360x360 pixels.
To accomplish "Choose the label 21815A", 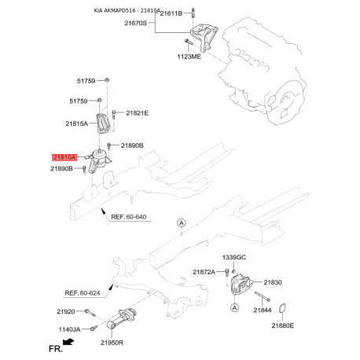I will click(x=76, y=123).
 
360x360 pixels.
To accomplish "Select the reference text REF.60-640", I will click(x=128, y=216).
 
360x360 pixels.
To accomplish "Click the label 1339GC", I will click(x=234, y=257).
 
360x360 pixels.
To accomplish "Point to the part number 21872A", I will click(x=204, y=272).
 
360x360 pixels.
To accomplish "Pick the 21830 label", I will click(x=273, y=282).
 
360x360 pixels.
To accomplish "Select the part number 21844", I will click(x=263, y=310).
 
